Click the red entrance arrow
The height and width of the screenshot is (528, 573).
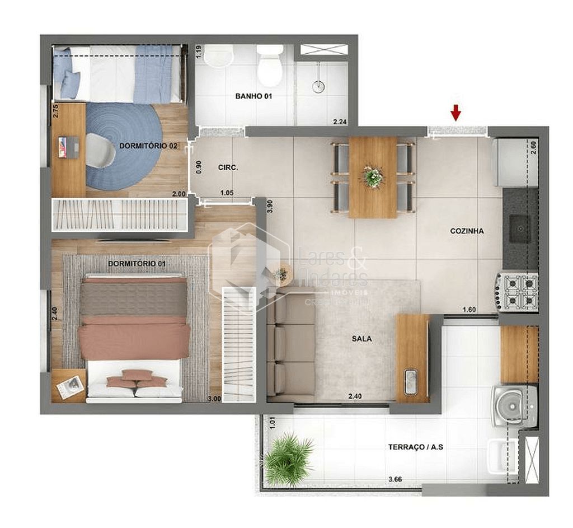click(x=456, y=113)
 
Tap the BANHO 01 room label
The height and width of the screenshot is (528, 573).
click(x=253, y=96)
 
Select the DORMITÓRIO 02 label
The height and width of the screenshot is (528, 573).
click(x=148, y=146)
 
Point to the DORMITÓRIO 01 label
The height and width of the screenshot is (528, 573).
click(x=136, y=263)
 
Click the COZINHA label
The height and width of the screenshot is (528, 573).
click(x=467, y=231)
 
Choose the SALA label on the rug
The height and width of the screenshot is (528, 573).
click(x=361, y=339)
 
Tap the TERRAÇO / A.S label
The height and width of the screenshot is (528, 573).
click(x=416, y=447)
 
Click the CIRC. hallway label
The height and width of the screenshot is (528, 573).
click(x=228, y=167)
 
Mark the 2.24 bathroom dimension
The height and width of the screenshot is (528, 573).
click(x=340, y=122)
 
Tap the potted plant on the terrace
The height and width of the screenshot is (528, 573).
click(x=288, y=458)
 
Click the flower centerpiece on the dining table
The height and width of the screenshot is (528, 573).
click(x=373, y=177)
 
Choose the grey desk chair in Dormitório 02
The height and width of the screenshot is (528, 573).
click(x=100, y=151)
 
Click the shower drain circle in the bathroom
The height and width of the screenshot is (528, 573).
click(x=318, y=87)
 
